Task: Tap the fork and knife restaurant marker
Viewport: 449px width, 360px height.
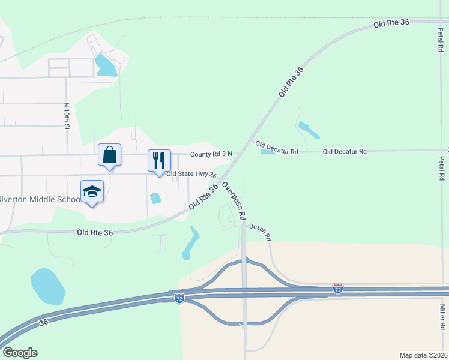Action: click(159, 160)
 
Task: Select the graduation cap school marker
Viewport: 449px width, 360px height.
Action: click(92, 191)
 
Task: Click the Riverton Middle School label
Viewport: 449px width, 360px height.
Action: click(40, 200)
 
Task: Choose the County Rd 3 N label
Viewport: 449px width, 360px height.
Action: click(211, 155)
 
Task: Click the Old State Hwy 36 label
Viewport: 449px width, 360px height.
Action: click(191, 175)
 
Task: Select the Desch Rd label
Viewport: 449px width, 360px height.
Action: click(260, 233)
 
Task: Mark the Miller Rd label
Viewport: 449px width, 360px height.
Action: click(442, 316)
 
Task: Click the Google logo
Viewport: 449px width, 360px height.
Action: click(19, 353)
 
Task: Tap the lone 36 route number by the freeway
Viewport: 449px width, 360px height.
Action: click(43, 322)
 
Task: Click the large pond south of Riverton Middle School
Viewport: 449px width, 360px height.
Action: click(47, 286)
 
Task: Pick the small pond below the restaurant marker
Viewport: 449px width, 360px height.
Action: click(155, 197)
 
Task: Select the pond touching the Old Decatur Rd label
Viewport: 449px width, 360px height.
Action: click(267, 152)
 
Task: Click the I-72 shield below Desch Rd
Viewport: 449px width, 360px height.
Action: click(338, 289)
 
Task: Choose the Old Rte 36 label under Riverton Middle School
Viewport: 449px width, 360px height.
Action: click(95, 232)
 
